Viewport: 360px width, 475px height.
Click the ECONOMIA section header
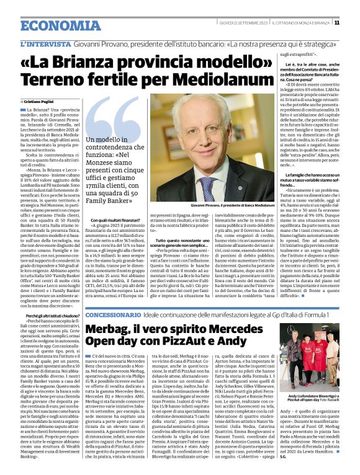click(x=52, y=25)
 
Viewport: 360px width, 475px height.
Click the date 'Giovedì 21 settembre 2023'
click(x=240, y=23)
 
